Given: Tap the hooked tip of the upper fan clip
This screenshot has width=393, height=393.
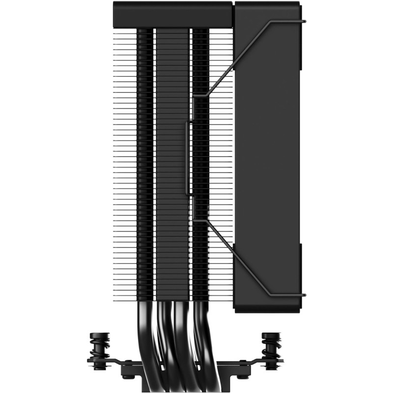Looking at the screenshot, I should (x=305, y=21).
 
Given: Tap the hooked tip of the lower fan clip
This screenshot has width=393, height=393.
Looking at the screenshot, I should (x=305, y=295).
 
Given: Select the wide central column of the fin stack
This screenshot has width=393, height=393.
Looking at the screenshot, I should (x=172, y=162).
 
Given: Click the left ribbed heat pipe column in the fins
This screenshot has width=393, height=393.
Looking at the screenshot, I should (x=145, y=162).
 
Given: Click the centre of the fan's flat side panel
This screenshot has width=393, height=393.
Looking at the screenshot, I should (x=268, y=157).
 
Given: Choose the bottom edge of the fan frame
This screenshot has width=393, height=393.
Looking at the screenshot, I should (x=268, y=310).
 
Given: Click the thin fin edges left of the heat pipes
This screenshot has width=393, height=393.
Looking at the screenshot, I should (x=124, y=162).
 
